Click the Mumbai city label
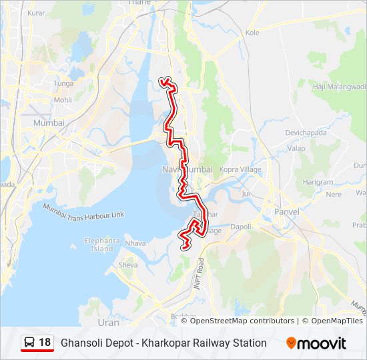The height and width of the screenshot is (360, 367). [x=49, y=123]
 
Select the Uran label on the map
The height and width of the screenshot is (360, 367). [x=108, y=323]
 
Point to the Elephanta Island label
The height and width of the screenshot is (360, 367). [x=102, y=245]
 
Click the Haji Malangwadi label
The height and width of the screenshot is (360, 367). [x=340, y=86]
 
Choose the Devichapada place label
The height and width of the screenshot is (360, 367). [x=304, y=133]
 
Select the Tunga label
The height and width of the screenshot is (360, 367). [x=63, y=84]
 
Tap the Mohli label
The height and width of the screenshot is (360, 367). [x=63, y=100]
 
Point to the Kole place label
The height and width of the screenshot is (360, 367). [x=252, y=32]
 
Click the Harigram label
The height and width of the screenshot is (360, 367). [x=318, y=182]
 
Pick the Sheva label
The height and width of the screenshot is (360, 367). [x=128, y=265]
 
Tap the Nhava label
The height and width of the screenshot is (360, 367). [x=135, y=243]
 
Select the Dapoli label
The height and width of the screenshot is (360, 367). [x=241, y=227]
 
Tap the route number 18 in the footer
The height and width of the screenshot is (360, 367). [x=45, y=343]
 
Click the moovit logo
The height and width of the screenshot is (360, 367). [x=316, y=343]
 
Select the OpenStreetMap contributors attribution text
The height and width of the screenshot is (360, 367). [x=242, y=321]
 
